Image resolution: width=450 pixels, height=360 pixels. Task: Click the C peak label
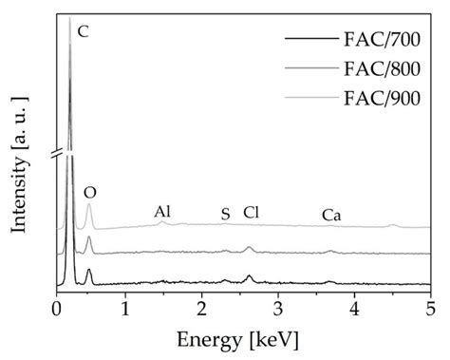pos(84,31)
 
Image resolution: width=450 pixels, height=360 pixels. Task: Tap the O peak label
pos(90,192)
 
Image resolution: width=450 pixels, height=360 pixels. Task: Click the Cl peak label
pos(251,213)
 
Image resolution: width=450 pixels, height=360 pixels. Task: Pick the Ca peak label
pos(331,216)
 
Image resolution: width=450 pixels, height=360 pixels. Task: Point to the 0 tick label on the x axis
pos(57,309)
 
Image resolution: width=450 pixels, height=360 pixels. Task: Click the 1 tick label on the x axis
pos(131,309)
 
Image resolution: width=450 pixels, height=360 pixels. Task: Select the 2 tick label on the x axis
pos(205,309)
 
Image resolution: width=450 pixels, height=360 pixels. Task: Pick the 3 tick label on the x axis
pos(279,309)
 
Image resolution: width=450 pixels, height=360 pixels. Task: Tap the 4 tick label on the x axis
pos(354,309)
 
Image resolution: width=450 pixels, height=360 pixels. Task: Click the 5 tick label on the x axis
pos(428,309)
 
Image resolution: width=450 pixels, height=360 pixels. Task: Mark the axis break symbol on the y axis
pos(57,152)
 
